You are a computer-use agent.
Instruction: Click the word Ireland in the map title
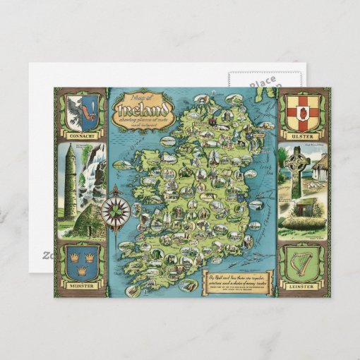point(145,110)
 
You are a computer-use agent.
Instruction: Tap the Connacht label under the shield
point(81,132)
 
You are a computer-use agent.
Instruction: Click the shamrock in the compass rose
point(115,210)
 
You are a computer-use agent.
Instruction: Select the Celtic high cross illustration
point(295,170)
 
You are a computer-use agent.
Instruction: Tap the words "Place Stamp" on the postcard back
point(261,82)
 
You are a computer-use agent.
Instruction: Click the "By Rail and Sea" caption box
point(236,278)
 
